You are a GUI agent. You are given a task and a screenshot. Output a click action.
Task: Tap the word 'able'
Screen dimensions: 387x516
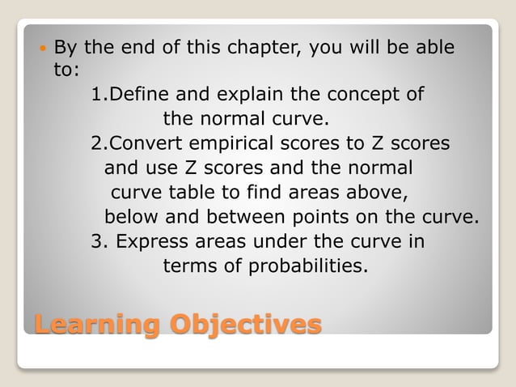tap(434, 48)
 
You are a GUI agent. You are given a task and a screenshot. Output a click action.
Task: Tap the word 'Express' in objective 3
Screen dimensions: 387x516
tap(149, 241)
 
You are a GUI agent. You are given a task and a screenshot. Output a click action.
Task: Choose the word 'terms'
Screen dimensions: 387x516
tap(190, 266)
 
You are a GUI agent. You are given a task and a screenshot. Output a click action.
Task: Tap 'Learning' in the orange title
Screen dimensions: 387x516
tap(96, 325)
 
